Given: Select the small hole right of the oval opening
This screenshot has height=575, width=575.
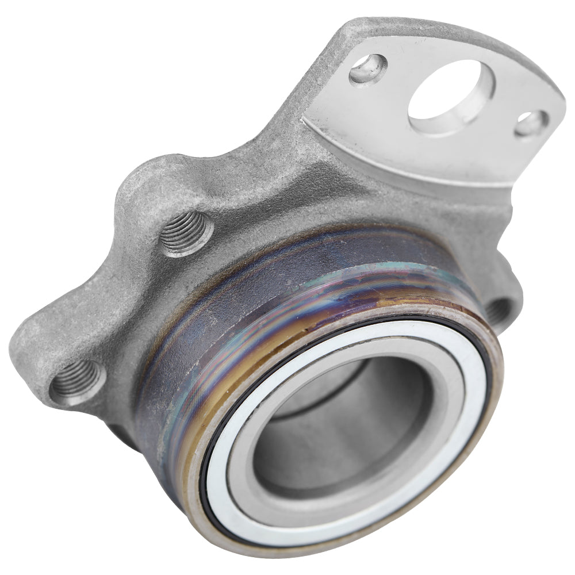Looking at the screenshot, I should [x=530, y=123].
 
